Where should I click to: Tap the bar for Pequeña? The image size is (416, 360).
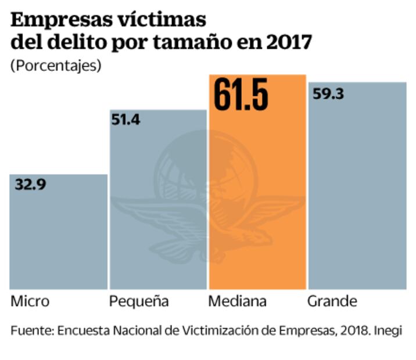point(158,203)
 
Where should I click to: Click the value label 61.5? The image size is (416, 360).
point(241,94)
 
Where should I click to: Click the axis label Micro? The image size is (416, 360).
point(30,302)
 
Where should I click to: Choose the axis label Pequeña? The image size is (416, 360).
point(139,302)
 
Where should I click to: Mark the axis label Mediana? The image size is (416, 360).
point(237,302)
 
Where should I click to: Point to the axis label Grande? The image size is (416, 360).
point(332,302)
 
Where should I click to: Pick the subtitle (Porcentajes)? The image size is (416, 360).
point(56,65)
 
